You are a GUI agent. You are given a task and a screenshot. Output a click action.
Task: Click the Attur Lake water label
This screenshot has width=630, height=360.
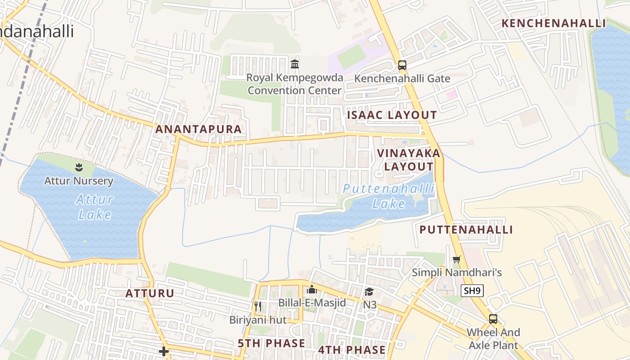click(x=94, y=207)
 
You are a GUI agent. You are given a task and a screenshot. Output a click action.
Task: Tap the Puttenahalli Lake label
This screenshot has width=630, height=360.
click(x=389, y=196)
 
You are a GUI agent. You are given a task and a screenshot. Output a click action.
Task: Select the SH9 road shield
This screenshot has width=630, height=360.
click(x=472, y=291)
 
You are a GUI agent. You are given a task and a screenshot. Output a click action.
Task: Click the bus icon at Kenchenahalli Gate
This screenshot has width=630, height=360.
click(x=402, y=65)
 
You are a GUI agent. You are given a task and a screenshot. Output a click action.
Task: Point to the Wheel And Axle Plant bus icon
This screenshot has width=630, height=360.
click(x=493, y=319)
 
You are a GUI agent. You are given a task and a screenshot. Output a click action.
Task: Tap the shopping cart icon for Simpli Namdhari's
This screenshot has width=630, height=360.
click(x=457, y=260)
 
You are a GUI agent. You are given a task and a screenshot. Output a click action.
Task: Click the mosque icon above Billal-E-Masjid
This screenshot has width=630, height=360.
click(x=312, y=289)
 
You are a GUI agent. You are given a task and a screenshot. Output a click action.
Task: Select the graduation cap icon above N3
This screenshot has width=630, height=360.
click(x=369, y=292)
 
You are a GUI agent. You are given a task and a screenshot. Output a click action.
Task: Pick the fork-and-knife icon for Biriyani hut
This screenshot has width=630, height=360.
click(x=258, y=306)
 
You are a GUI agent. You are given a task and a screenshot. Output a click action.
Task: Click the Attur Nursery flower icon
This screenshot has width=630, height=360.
click(x=79, y=168)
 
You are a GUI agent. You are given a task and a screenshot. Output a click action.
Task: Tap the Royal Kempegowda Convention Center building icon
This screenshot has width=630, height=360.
click(x=295, y=64)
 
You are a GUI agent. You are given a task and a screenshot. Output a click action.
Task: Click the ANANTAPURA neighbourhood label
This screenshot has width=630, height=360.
click(x=198, y=129)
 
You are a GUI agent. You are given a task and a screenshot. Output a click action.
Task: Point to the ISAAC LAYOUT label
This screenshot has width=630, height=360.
click(x=392, y=115)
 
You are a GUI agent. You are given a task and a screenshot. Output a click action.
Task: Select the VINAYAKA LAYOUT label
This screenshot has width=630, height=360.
click(x=409, y=160)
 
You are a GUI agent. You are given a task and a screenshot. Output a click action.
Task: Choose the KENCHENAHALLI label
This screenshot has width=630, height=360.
click(x=554, y=23)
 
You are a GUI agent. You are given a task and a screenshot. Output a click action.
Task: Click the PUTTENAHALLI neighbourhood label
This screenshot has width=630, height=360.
click(x=466, y=229)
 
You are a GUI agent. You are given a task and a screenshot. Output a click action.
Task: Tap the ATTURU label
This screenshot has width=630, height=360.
click(x=150, y=293)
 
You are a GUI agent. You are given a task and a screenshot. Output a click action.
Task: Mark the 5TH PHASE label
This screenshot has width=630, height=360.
click(x=271, y=343)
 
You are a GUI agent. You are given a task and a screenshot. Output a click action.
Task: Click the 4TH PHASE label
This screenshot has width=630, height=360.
click(x=352, y=350)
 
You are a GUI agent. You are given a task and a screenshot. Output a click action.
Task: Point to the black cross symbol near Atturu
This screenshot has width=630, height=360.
click(x=164, y=351)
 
